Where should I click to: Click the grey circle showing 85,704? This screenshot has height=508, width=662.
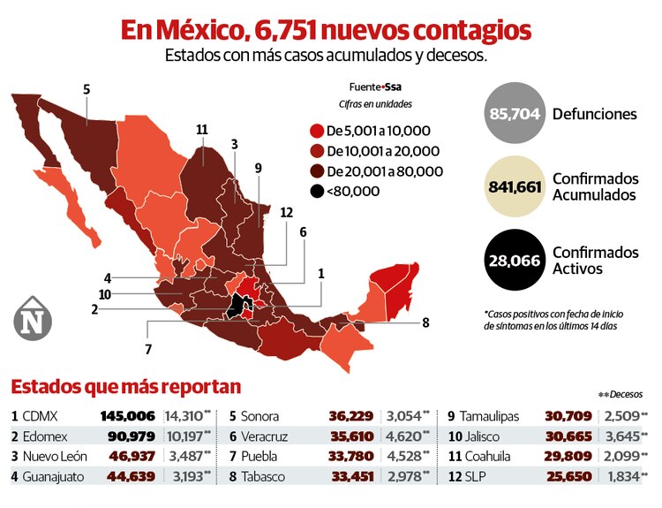515,114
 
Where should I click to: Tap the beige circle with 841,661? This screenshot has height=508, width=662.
515,186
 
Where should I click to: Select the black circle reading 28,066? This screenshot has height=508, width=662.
515,260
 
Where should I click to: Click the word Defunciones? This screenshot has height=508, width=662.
595,114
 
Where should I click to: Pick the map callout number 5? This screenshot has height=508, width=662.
87,89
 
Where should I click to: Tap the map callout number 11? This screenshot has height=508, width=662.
202,130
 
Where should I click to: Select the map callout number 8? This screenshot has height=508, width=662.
425,322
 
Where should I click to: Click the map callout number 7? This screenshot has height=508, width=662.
148,348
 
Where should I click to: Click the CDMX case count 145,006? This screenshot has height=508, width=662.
128,415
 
